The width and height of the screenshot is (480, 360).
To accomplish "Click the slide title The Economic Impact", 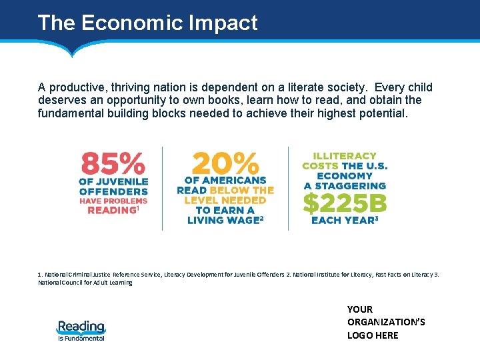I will (147, 23).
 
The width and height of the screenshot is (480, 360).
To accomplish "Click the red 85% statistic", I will (113, 163).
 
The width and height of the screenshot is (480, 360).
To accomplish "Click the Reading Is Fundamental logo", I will (81, 330).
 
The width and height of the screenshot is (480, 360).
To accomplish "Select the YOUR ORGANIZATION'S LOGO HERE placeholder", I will (386, 322).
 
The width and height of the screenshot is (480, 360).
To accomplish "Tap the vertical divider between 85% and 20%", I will (162, 188).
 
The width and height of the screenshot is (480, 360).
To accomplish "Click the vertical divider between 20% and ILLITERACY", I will (288, 188).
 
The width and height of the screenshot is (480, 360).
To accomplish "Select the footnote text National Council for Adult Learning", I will (85, 283).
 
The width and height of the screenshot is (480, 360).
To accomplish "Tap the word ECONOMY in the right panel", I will (345, 176).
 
